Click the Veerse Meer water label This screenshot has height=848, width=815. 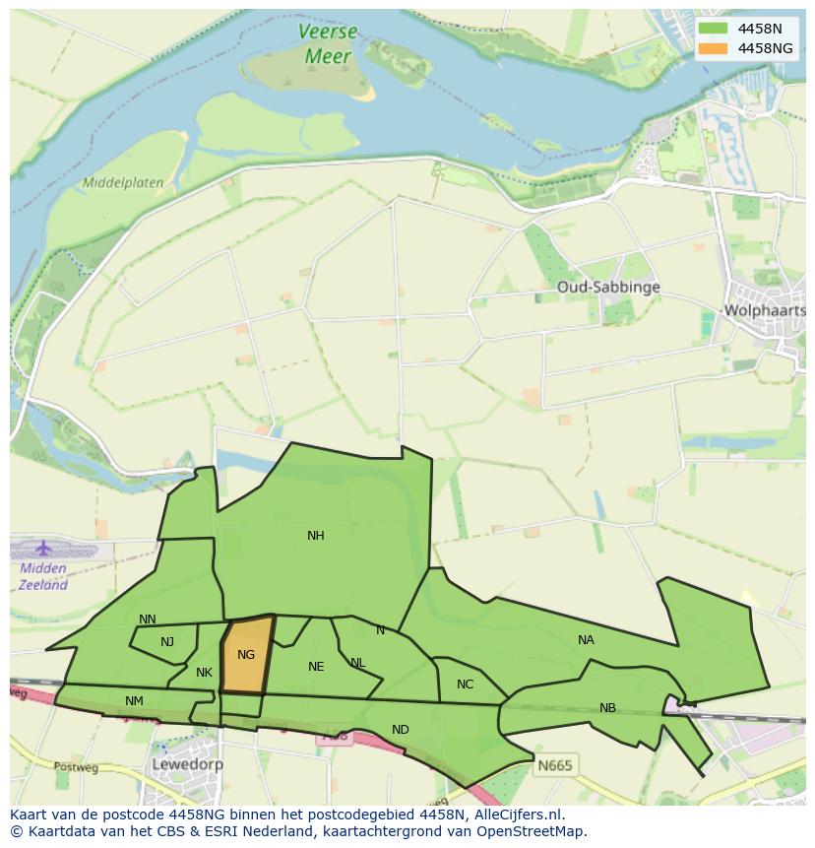click(328, 44)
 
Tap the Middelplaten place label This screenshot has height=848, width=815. click(123, 182)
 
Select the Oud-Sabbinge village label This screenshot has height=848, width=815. click(607, 287)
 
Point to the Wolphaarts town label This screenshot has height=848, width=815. click(764, 310)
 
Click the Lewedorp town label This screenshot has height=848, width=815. click(187, 764)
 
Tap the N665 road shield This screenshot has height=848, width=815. click(554, 764)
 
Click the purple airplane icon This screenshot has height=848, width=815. click(43, 548)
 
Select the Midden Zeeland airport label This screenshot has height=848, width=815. click(43, 576)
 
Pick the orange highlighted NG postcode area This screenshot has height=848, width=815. click(246, 655)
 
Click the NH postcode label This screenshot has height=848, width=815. click(315, 536)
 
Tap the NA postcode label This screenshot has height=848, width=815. click(586, 639)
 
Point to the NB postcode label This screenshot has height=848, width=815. click(607, 708)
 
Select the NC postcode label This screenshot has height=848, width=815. click(465, 685)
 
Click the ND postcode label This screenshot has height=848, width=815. click(400, 730)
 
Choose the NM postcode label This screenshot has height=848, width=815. click(134, 700)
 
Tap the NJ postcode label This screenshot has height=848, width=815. click(166, 642)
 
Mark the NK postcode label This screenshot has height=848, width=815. click(204, 673)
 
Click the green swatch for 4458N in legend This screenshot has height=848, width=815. click(714, 29)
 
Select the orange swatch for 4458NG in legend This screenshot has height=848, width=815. click(714, 47)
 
